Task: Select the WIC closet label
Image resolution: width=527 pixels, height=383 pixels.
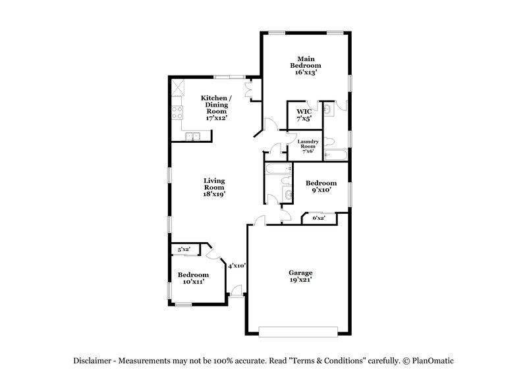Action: point(304,111)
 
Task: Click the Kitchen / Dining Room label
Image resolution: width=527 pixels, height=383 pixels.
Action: point(215,105)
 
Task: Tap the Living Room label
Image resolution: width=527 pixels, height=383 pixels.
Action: point(214,184)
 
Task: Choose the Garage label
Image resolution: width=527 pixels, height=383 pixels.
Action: point(300,272)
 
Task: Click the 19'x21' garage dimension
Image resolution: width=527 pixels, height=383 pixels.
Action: point(300,280)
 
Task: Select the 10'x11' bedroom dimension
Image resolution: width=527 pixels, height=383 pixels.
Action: point(193,282)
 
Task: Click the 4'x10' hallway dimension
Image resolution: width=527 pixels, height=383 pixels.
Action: point(237,266)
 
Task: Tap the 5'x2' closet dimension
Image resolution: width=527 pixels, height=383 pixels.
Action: point(184,249)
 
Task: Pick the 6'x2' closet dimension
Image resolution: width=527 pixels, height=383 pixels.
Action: point(318,218)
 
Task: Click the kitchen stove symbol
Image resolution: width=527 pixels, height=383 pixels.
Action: point(177,113)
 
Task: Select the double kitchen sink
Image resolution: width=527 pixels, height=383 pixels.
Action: point(193,136)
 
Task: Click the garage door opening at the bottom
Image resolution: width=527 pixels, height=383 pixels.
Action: point(300,330)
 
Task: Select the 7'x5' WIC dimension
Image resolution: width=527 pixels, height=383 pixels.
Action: point(304,120)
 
